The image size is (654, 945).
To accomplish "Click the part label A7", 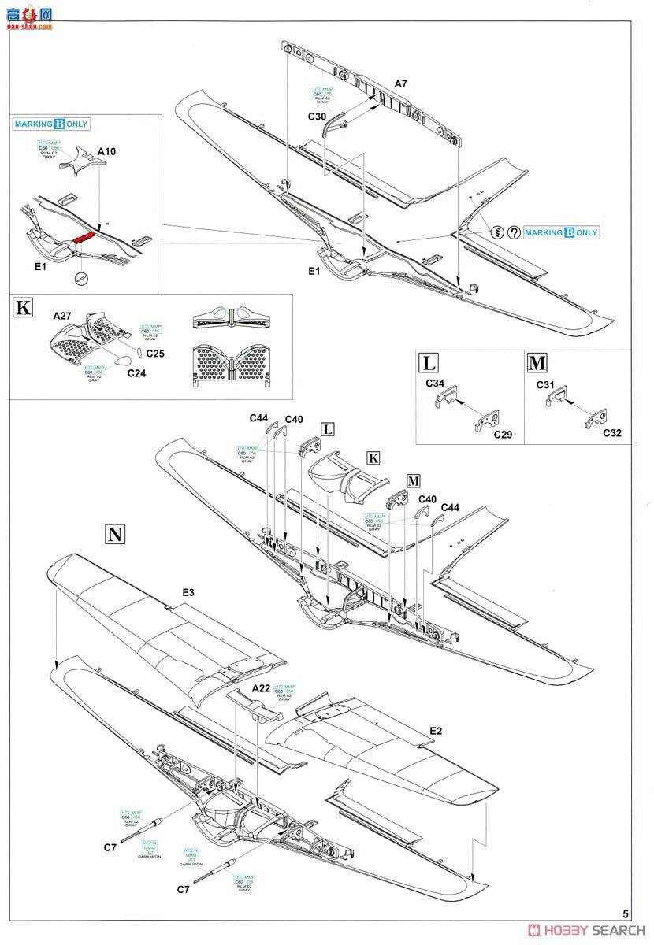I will [401, 83].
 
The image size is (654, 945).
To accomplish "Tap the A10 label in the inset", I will [106, 151].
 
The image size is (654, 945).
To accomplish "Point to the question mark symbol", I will [513, 232].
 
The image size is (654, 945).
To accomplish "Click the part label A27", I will [62, 316].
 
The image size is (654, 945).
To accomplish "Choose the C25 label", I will [155, 354].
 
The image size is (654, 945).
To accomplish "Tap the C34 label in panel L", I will [435, 384].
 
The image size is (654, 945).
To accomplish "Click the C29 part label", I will [502, 434].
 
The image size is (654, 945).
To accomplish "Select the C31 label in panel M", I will [545, 384].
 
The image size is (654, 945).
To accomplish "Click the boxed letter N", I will [115, 535].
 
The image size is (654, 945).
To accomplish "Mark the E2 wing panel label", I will [436, 730].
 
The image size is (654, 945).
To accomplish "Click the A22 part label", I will [260, 687].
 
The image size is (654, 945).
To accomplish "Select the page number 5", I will [625, 914].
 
